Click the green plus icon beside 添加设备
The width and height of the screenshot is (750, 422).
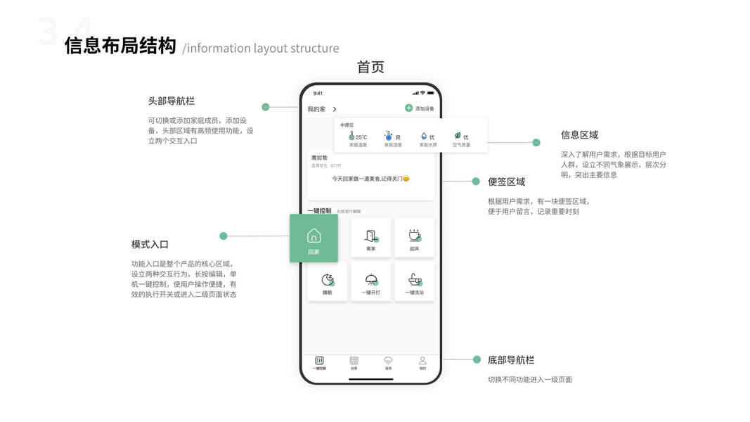coord(408,108)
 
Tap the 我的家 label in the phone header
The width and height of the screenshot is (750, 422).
coord(316,109)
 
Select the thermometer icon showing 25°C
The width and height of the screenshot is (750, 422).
coord(351,136)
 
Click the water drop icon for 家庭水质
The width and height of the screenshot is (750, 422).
coord(424,136)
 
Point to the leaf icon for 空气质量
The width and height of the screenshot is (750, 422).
coord(457,135)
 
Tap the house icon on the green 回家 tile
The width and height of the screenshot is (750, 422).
coord(314,235)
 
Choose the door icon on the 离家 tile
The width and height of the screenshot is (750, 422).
coord(370,236)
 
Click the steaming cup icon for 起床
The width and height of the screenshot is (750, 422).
coord(414,235)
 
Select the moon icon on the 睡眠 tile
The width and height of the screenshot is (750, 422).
coord(328,279)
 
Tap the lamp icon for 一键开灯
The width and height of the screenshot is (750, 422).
coord(370,279)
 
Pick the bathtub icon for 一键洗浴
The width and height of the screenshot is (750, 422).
coord(414,279)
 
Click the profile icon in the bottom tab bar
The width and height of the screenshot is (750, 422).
coord(422,360)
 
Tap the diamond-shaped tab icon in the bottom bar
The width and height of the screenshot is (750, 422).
coord(388,360)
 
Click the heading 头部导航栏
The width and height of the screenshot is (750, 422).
coord(171,101)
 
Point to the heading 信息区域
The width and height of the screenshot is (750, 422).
coord(579,135)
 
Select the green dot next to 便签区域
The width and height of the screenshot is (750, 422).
coord(476,181)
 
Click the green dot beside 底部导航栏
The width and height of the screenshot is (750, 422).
coord(476,359)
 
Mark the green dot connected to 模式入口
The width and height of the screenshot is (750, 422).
coord(224,236)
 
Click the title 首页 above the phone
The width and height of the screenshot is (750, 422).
coord(370,67)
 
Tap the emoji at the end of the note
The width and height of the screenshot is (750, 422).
coord(406,179)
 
